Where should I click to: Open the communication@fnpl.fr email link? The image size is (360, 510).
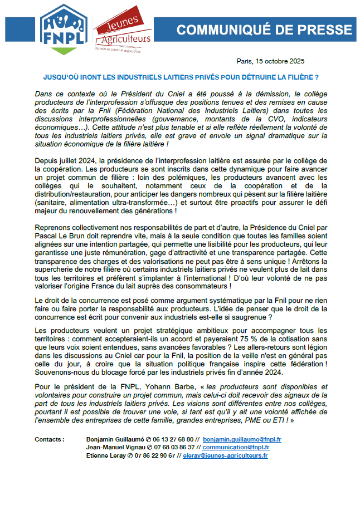(x=236, y=447)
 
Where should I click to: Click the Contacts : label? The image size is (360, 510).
(x=49, y=439)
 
